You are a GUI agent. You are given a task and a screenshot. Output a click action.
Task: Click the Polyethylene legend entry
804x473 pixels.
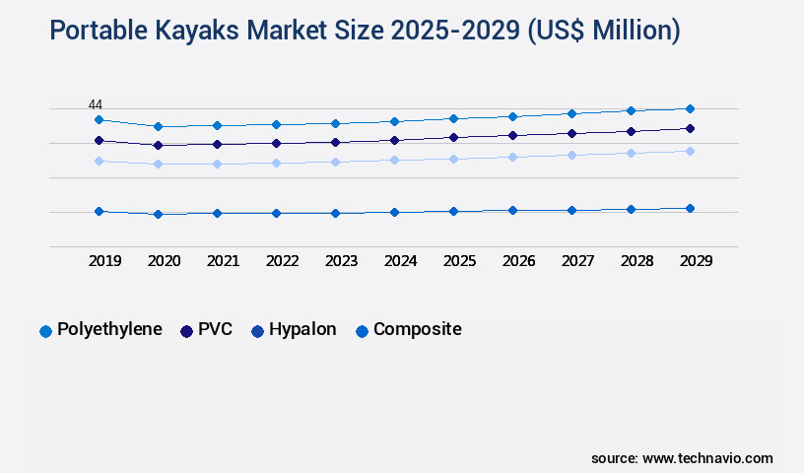[x=100, y=330]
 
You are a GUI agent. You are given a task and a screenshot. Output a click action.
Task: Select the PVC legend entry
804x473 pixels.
[x=206, y=330]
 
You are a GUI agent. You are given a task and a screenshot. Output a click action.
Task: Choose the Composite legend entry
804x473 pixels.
[x=408, y=330]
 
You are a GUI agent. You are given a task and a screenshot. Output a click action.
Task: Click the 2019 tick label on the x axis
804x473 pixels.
[x=104, y=261]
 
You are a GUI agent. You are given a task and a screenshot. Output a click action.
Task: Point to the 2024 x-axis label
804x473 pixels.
[x=400, y=261]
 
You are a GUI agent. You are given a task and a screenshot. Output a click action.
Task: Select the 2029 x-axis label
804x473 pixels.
[x=696, y=261]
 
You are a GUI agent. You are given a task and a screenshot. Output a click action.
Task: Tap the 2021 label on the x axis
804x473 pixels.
[x=223, y=261]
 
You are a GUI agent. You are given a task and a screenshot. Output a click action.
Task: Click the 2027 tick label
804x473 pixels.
[x=577, y=261]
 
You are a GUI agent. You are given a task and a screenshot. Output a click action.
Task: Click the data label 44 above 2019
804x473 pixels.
[x=96, y=104]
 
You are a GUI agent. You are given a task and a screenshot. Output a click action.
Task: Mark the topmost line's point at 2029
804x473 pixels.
[x=690, y=108]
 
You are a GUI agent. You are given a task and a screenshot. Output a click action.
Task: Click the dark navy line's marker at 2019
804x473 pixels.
[x=99, y=140]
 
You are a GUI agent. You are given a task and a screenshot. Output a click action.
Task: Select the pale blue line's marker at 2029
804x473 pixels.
[x=690, y=151]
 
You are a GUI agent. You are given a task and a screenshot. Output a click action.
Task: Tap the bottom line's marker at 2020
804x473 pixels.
[x=158, y=214]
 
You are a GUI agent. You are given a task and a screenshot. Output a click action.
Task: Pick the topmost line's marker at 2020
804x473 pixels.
[x=158, y=126]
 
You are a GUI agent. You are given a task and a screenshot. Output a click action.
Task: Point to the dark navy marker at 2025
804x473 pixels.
[x=453, y=137]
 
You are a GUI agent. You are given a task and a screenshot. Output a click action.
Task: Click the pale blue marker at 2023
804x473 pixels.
[x=335, y=162]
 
